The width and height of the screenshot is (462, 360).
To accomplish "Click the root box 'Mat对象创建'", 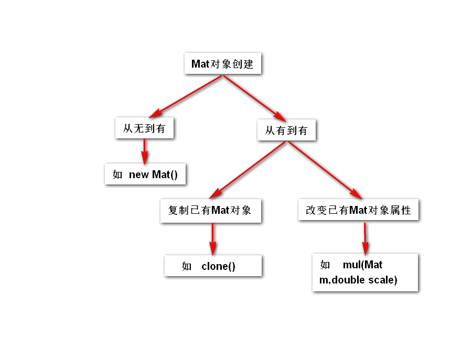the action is [222, 64].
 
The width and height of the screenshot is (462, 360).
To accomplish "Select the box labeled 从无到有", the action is [144, 128].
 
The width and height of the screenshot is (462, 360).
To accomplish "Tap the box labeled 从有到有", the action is [286, 130].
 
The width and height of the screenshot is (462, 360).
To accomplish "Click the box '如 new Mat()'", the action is [145, 174].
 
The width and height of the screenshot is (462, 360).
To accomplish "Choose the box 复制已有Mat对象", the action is [210, 211].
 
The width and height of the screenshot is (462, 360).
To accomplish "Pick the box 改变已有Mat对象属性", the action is [359, 211].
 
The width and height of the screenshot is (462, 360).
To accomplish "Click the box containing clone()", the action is [213, 266].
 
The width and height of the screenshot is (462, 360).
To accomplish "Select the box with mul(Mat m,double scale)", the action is [365, 272].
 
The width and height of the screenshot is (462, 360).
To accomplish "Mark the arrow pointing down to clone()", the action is [212, 239].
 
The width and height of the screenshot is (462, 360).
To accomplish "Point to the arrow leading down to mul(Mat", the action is [365, 238].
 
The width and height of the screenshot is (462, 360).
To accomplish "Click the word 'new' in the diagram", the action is [139, 175].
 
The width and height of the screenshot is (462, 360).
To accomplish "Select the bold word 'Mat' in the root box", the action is [200, 64].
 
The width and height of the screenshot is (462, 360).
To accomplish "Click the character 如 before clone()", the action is [187, 267].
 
